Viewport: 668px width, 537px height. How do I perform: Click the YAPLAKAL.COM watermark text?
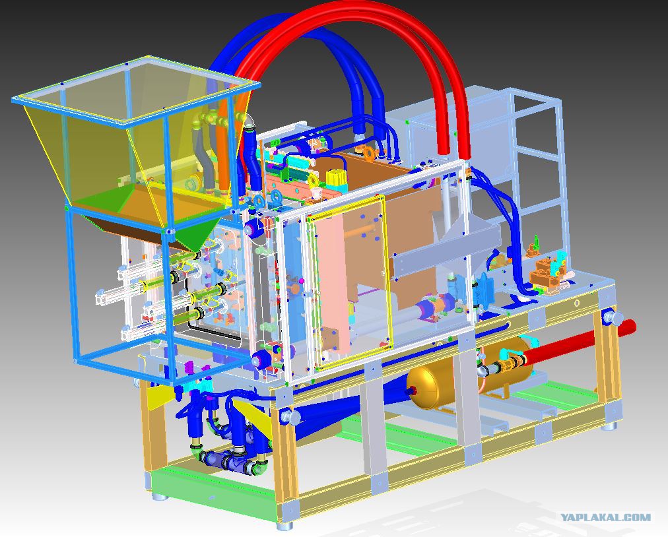(x=605, y=517)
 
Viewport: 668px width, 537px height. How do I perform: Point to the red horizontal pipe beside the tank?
(x=580, y=340)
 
